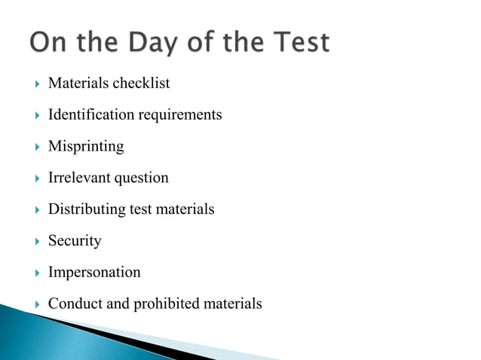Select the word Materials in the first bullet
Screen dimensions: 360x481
(78, 83)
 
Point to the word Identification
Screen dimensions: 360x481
(91, 114)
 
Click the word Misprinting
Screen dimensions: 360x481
(86, 146)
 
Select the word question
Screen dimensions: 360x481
(142, 178)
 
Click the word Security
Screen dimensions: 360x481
(75, 241)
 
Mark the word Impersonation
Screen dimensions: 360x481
(94, 273)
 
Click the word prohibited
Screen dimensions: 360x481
(168, 304)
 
